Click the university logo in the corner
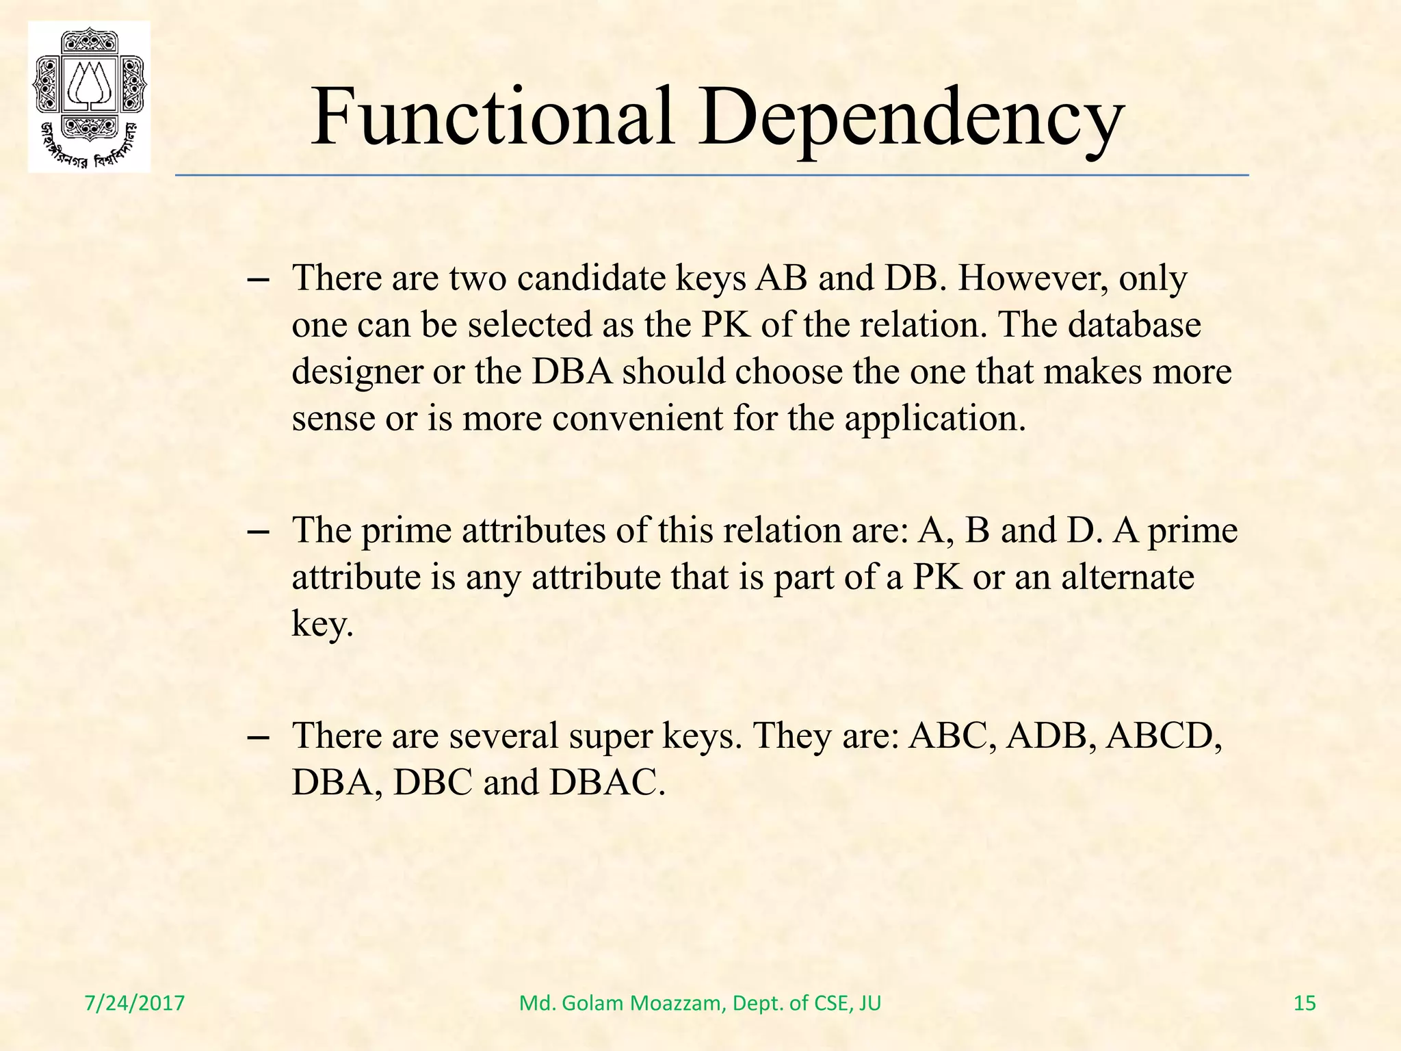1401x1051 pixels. coord(89,96)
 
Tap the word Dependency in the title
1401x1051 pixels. coord(911,118)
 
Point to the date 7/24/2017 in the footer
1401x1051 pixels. coord(135,1003)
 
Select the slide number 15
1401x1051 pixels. coord(1305,1003)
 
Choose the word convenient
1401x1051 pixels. coord(637,418)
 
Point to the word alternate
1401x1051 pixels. coord(1127,577)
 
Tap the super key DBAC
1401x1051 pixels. coord(606,782)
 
